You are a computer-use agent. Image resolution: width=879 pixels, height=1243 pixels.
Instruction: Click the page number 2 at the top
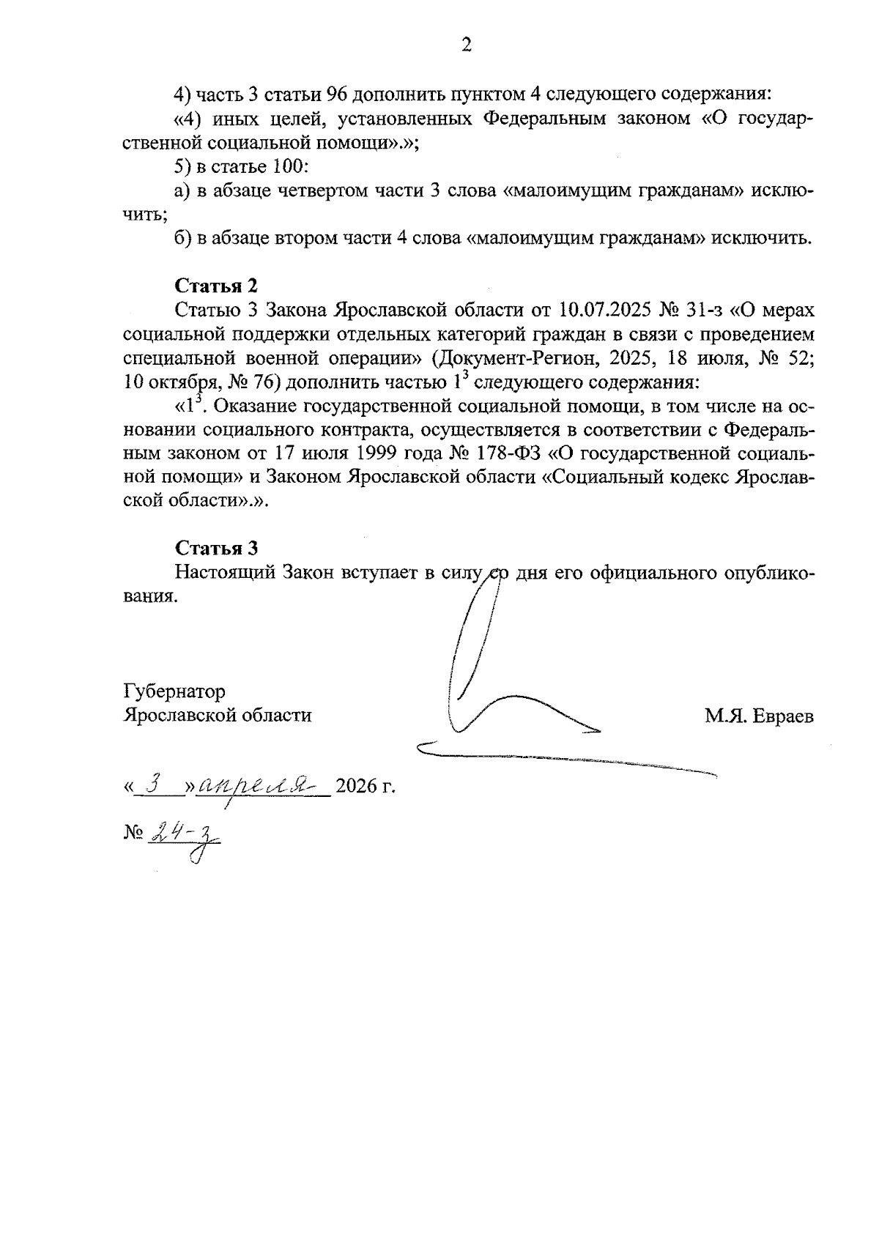click(x=466, y=46)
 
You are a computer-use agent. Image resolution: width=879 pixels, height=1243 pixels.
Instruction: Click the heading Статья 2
click(x=216, y=286)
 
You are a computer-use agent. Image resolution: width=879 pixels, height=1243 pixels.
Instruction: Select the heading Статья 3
click(x=216, y=548)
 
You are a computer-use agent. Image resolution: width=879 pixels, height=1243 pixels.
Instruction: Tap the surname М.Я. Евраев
click(x=759, y=716)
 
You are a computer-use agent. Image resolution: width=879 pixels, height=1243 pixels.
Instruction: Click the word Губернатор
click(x=175, y=691)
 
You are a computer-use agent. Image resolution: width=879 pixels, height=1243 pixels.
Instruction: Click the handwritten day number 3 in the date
click(x=152, y=784)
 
